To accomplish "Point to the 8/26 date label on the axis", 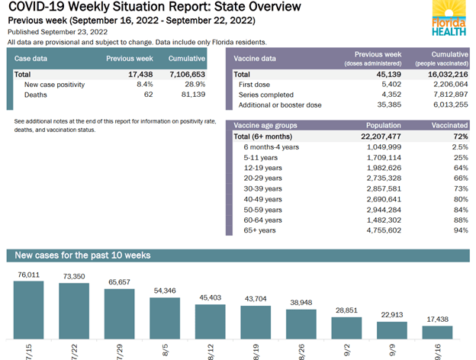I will pos(301,350).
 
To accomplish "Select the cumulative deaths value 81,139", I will pos(190,95).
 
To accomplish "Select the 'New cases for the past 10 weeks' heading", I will pos(82,255).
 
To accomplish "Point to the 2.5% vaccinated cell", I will pos(459,146).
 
